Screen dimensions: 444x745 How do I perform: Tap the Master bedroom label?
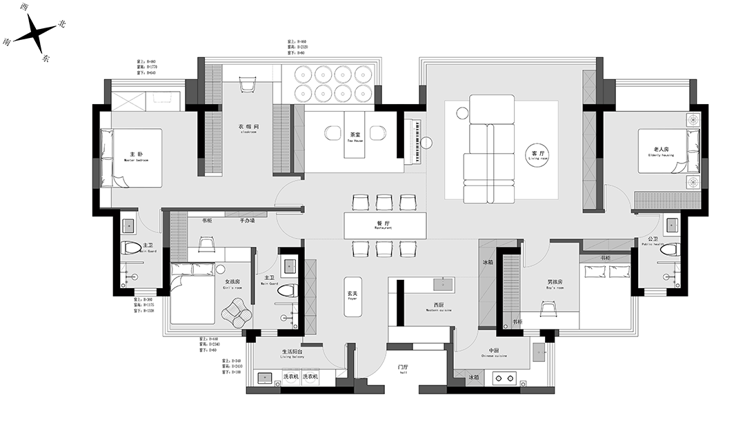pyautogui.click(x=137, y=155)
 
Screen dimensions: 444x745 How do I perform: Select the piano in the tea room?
pyautogui.click(x=415, y=142)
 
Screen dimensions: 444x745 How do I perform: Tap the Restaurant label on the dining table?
pyautogui.click(x=384, y=225)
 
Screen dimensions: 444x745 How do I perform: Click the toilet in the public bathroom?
pyautogui.click(x=668, y=250)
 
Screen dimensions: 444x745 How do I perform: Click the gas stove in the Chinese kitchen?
pyautogui.click(x=506, y=377)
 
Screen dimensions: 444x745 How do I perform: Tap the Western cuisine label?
pyautogui.click(x=439, y=306)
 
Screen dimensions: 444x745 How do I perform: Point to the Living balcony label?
pyautogui.click(x=292, y=354)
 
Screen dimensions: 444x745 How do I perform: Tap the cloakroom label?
pyautogui.click(x=248, y=129)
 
